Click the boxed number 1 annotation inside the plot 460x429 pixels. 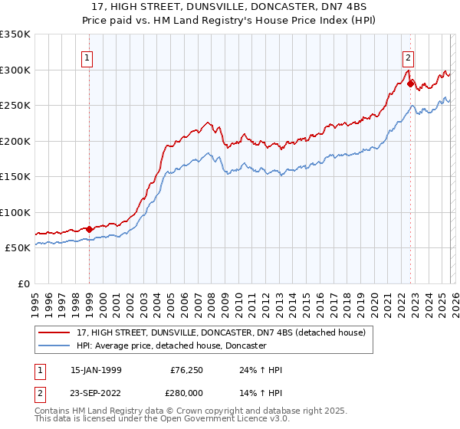coord(87,57)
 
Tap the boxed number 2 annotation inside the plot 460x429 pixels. coord(408,57)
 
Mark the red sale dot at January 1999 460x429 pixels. coord(90,229)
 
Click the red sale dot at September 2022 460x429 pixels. coord(411,84)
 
